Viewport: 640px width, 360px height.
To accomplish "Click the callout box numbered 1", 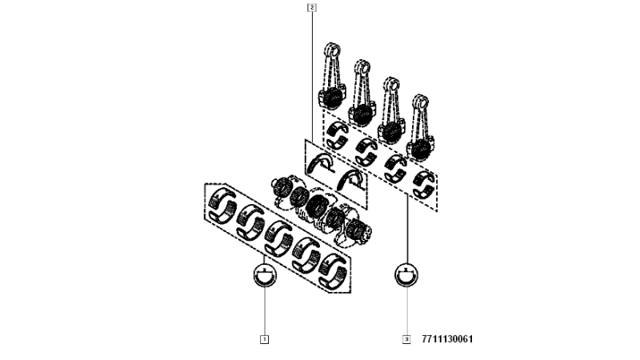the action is [264, 339].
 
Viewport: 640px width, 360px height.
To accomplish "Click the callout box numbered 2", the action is [312, 7].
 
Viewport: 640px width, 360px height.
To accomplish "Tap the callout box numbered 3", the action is [406, 339].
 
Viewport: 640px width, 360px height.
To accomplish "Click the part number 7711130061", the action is [447, 339].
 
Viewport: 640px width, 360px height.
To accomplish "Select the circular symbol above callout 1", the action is [265, 275].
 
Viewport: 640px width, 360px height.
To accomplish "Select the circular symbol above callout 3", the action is [406, 274].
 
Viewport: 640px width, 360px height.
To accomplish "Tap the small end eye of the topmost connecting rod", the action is [332, 50].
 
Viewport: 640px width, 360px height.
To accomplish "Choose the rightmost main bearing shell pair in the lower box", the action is [332, 270].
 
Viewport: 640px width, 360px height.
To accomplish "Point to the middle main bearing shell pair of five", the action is [278, 238].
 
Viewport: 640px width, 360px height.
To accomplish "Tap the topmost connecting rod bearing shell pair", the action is [338, 134].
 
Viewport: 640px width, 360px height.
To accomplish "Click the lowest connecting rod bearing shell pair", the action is [424, 184].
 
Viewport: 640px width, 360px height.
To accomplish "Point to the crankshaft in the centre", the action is [322, 210].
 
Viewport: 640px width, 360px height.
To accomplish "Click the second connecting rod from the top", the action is [362, 94].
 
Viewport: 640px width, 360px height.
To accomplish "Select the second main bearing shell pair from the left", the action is [250, 222].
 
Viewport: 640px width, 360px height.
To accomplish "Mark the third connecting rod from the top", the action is [391, 110].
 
